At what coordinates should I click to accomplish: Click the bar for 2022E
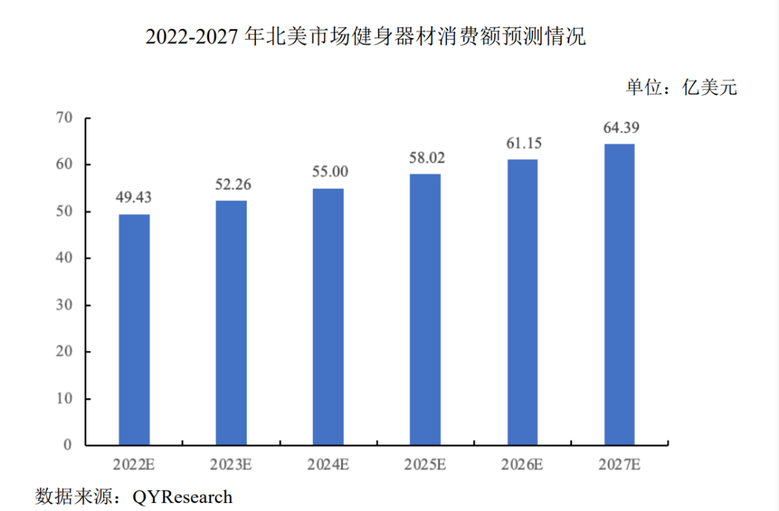coord(134,329)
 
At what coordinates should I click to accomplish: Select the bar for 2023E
coord(232,322)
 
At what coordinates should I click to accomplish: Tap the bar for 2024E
coord(328,316)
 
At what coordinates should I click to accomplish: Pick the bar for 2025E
coord(425,309)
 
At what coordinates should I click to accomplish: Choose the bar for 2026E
coord(522,302)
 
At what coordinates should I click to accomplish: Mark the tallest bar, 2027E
coord(619,294)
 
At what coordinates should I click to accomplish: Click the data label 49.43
coord(134,197)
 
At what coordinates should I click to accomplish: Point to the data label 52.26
coord(232,185)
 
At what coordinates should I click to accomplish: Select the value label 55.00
coord(328,172)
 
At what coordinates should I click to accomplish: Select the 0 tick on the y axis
coord(68,445)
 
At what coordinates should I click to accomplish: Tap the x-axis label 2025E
coord(425,465)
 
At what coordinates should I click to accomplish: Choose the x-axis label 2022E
coord(134,465)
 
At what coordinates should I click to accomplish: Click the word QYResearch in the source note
coord(182,497)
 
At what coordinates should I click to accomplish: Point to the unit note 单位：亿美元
coord(682,88)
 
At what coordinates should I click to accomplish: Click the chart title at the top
coord(366,37)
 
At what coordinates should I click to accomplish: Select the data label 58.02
coord(425,157)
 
